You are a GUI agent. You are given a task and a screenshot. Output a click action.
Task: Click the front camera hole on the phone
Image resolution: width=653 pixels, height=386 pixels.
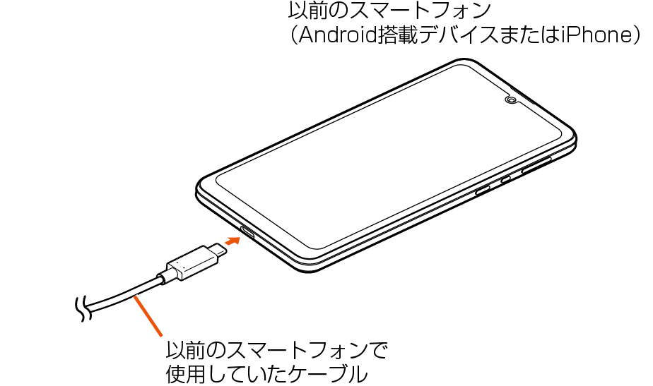point(510,100)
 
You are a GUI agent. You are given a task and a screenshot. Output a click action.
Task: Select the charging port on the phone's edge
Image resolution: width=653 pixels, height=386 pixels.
point(249,231)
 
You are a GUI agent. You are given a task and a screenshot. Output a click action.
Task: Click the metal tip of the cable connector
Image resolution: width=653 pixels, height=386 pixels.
point(216,250)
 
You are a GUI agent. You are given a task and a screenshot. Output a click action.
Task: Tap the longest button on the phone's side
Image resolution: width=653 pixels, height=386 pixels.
point(536,167)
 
